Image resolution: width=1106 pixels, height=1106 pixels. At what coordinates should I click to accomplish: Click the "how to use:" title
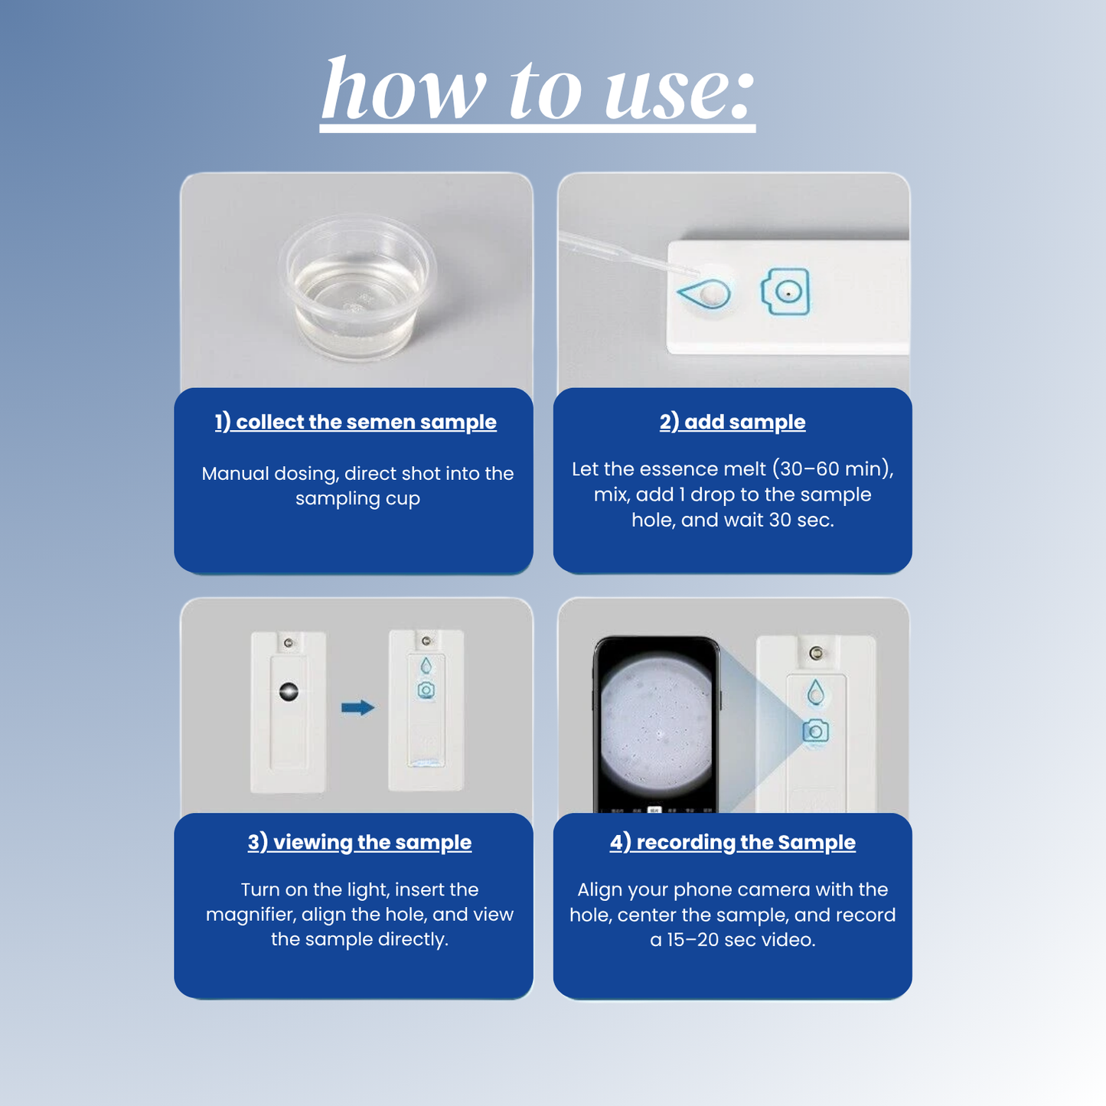pyautogui.click(x=537, y=92)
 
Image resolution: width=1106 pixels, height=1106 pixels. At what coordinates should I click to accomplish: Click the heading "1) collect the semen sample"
pyautogui.click(x=355, y=422)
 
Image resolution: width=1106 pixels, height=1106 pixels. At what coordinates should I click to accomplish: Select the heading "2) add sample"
pyautogui.click(x=732, y=422)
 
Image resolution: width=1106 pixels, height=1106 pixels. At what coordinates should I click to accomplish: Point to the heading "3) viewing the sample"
pyautogui.click(x=359, y=842)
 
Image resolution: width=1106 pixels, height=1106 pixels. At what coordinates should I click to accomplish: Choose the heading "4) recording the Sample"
pyautogui.click(x=732, y=842)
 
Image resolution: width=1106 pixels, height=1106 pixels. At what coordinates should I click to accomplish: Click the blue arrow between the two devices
pyautogui.click(x=357, y=707)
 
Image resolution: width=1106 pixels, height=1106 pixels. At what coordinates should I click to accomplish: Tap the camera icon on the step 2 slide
pyautogui.click(x=786, y=292)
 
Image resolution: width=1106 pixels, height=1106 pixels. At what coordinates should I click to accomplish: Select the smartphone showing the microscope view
pyautogui.click(x=657, y=723)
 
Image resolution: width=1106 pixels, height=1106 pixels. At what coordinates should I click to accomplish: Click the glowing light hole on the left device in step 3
pyautogui.click(x=289, y=690)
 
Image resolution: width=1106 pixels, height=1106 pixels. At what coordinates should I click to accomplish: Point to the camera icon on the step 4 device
pyautogui.click(x=815, y=731)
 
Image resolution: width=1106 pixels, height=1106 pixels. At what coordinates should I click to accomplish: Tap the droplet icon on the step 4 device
pyautogui.click(x=816, y=693)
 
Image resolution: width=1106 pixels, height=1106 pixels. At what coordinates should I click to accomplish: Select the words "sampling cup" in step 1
pyautogui.click(x=357, y=498)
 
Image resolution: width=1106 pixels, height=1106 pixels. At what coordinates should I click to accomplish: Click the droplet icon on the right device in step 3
pyautogui.click(x=426, y=666)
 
